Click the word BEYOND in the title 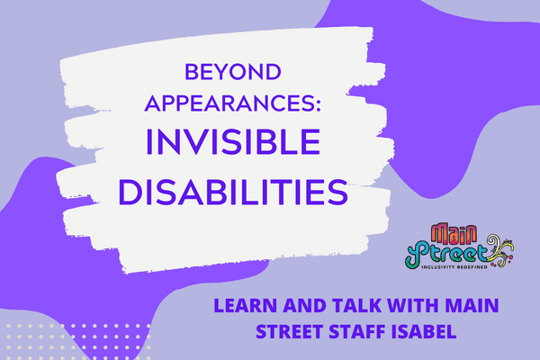(x=233, y=72)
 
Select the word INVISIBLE (x=233, y=142)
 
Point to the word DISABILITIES (x=233, y=192)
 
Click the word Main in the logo (x=454, y=234)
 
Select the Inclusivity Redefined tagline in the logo (x=454, y=267)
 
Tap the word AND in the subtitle (x=304, y=305)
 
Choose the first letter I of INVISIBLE (x=148, y=142)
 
